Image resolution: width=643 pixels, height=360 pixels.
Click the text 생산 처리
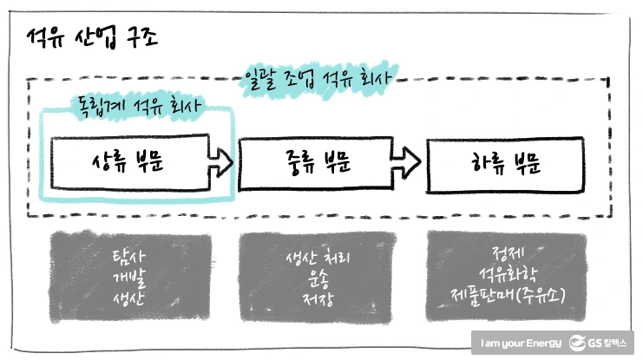click(317, 259)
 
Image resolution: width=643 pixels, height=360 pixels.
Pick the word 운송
click(317, 279)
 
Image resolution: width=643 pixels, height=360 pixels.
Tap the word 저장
click(317, 299)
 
